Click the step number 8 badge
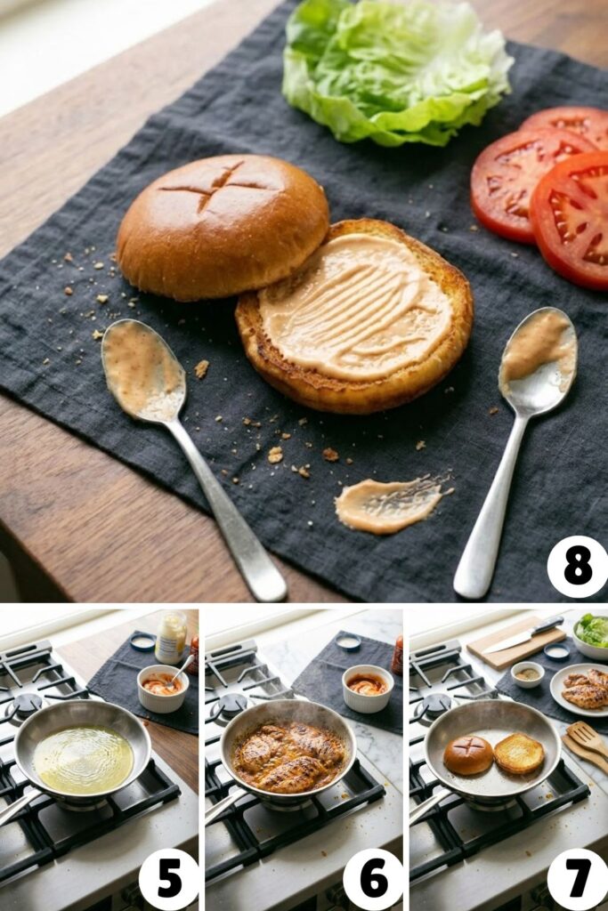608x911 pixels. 577,567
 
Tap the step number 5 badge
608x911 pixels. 168,878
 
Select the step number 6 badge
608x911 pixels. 373,878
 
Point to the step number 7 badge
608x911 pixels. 577,878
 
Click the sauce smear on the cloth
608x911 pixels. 388,504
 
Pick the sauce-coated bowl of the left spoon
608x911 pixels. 142,368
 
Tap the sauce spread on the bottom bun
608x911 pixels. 356,307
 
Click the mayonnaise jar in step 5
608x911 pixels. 171,637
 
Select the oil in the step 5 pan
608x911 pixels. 83,759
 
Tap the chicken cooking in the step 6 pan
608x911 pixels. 288,756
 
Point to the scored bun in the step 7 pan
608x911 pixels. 468,754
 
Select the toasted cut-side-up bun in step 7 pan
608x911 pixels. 519,754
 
